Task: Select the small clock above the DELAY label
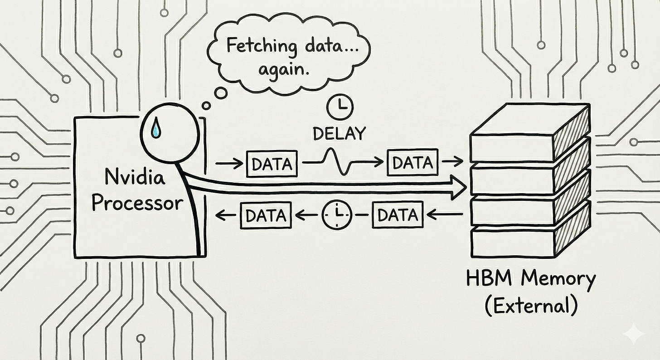point(340,107)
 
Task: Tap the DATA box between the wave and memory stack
point(412,163)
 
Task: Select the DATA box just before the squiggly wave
point(272,163)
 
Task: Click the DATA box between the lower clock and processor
point(266,215)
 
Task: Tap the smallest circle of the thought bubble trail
point(206,106)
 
